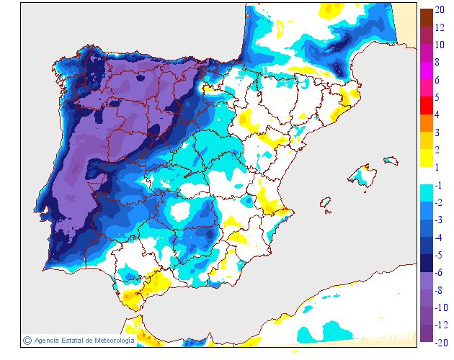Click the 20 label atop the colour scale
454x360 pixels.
pos(441,10)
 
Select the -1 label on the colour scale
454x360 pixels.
pos(440,185)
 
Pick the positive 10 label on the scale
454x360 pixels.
pos(440,45)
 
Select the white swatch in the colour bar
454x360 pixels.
pos(426,176)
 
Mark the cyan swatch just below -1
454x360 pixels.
pos(426,194)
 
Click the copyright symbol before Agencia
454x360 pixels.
pos(27,340)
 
